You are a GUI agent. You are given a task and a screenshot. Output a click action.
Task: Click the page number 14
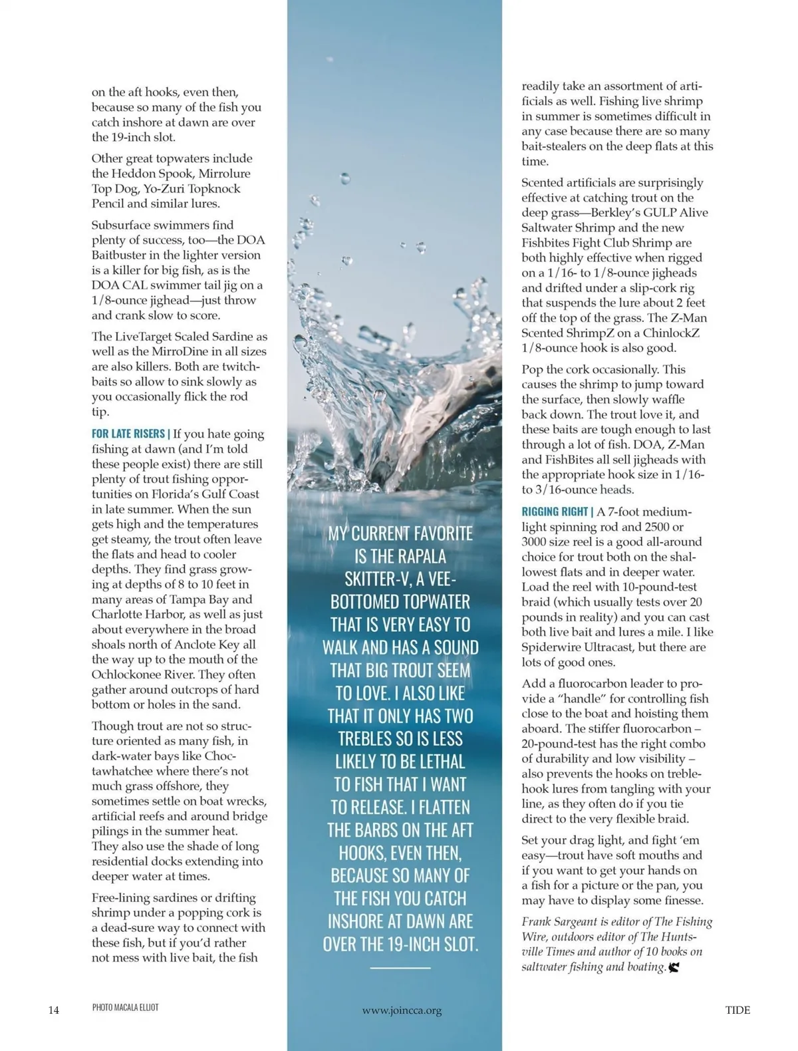pyautogui.click(x=54, y=1010)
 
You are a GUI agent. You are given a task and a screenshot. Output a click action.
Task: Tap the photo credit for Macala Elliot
pyautogui.click(x=125, y=1007)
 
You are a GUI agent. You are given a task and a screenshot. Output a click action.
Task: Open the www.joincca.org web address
pyautogui.click(x=402, y=1010)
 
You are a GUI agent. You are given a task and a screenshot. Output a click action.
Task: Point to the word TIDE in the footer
pyautogui.click(x=737, y=1010)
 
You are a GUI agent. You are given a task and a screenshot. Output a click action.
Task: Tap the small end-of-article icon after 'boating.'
pyautogui.click(x=674, y=968)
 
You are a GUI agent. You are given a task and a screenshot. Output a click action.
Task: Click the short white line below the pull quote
pyautogui.click(x=400, y=968)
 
